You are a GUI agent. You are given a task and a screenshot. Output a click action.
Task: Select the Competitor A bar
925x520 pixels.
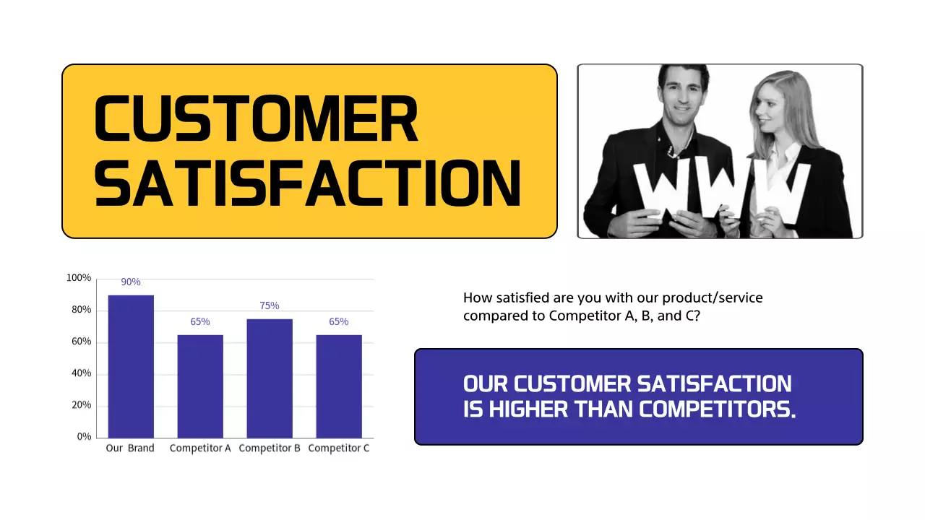click(200, 386)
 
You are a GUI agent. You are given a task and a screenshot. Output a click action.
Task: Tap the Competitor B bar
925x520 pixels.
click(270, 378)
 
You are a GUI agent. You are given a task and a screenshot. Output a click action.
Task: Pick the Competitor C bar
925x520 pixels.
click(339, 386)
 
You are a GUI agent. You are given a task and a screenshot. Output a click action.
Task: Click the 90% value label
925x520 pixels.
click(131, 282)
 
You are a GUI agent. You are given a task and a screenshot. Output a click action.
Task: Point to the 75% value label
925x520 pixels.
click(270, 305)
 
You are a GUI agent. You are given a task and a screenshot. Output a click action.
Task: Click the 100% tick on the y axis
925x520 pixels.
click(79, 278)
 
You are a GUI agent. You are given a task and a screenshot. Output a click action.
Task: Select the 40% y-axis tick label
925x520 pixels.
click(81, 373)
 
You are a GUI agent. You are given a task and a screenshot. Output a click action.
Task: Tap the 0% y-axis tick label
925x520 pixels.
click(84, 437)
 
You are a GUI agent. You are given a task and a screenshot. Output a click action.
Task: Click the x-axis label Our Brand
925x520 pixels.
click(130, 448)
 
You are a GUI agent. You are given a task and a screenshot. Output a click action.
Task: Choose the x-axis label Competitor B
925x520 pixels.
click(270, 448)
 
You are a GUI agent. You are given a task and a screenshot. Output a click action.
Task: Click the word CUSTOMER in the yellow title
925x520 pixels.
click(257, 119)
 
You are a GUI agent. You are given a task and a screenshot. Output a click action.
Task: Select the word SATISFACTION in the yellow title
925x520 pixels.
click(307, 183)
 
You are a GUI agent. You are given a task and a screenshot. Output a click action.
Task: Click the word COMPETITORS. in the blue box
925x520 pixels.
click(718, 409)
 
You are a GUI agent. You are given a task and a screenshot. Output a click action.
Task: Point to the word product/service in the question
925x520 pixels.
click(713, 298)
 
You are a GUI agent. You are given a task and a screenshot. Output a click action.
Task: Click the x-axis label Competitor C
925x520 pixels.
click(339, 448)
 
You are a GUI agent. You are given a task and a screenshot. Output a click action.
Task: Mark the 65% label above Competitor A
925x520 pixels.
click(200, 321)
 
